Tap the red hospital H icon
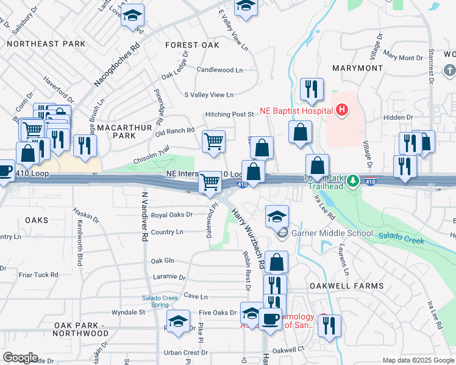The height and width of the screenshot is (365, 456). (342, 110)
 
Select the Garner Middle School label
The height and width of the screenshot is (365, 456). (332, 233)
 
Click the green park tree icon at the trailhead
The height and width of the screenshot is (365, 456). (352, 181)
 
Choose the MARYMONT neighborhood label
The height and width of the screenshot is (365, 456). (357, 68)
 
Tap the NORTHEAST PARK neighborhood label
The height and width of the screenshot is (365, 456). (46, 44)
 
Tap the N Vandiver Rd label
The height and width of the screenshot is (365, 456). (144, 218)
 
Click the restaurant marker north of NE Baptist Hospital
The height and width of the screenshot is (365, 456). (312, 89)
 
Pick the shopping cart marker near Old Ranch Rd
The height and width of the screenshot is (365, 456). (214, 142)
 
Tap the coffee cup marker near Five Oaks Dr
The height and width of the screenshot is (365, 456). (270, 318)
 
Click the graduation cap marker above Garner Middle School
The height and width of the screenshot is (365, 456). (277, 217)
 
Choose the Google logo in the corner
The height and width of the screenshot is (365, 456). (20, 358)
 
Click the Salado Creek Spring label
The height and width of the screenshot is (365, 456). (160, 301)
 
